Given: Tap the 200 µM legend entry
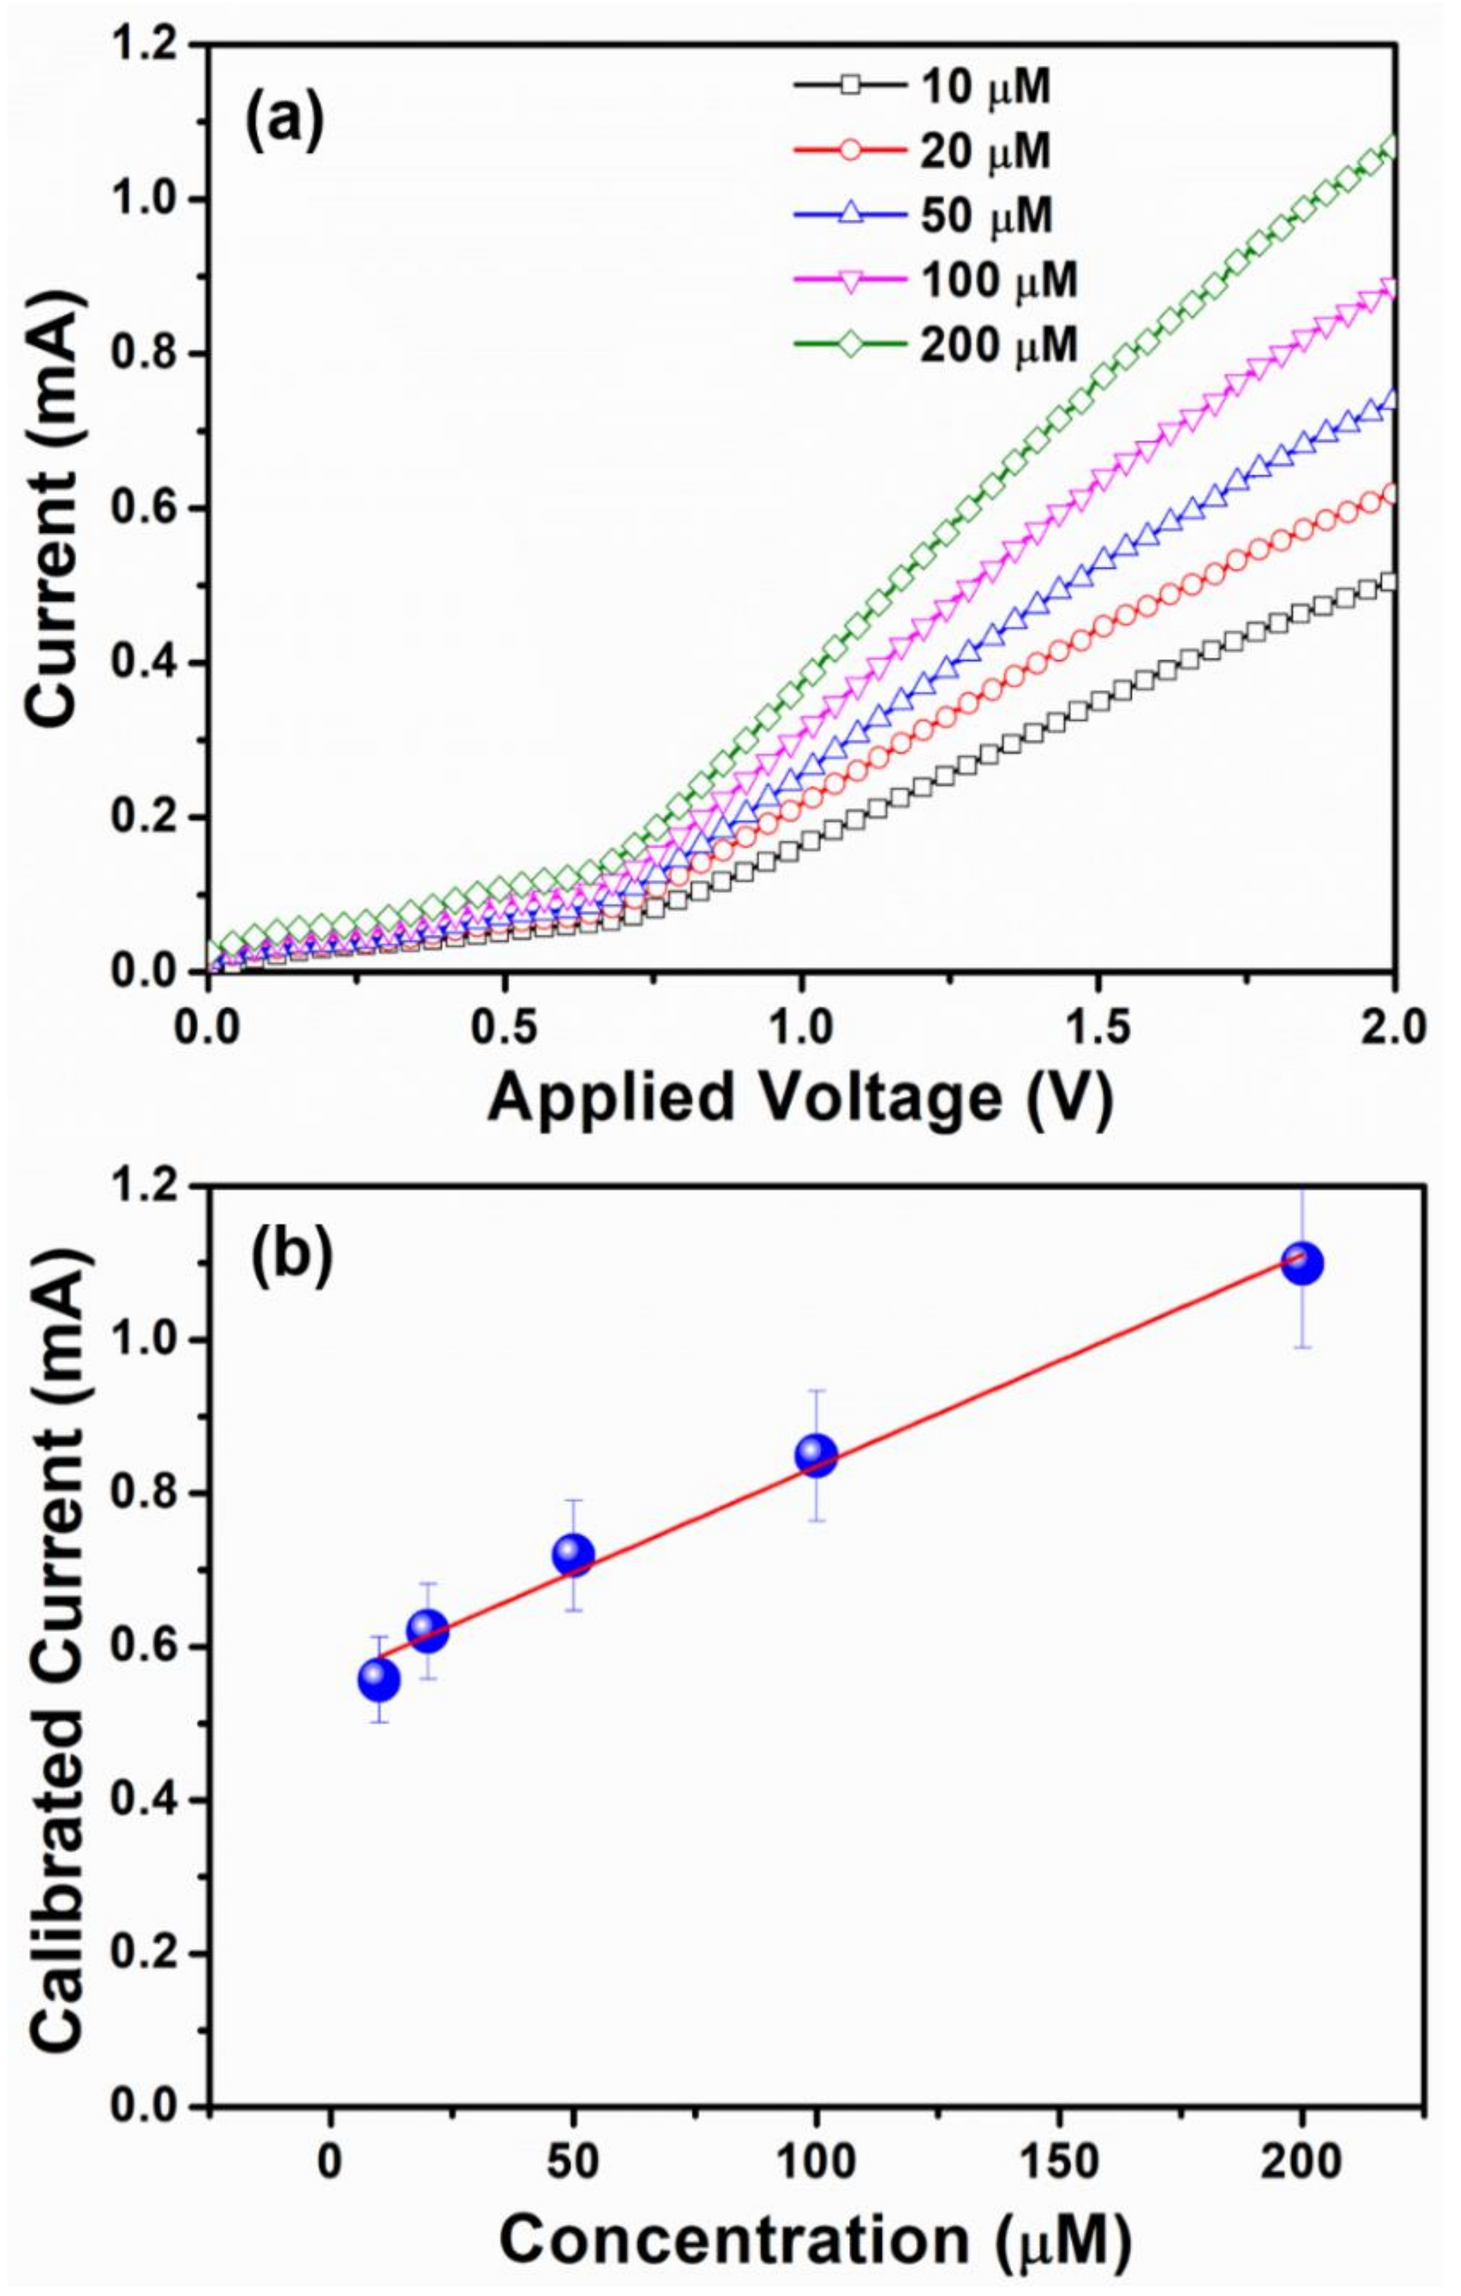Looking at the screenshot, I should click(999, 344).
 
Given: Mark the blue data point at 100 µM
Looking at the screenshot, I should click(816, 1456).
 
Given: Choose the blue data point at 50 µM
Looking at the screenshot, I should click(573, 1555).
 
